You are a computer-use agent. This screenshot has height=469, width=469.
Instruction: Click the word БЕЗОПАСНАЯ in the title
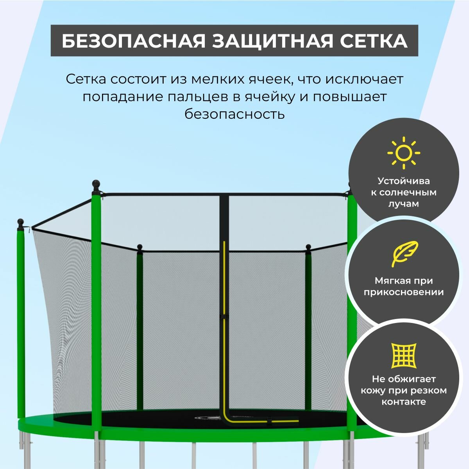click(133, 41)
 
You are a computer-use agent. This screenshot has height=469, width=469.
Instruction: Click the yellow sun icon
click(403, 153)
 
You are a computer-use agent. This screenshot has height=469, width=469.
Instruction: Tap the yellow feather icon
click(404, 253)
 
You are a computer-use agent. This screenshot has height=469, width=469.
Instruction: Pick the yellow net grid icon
click(404, 355)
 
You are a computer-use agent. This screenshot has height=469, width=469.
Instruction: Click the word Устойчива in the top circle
click(403, 181)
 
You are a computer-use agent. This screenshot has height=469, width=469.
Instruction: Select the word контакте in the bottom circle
click(404, 402)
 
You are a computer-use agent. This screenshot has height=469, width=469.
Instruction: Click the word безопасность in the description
click(234, 114)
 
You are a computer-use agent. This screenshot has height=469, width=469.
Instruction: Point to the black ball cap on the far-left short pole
click(20, 222)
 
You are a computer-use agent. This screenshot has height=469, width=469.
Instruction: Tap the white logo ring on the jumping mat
click(209, 418)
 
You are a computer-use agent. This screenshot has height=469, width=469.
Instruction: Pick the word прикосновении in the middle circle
click(403, 292)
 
